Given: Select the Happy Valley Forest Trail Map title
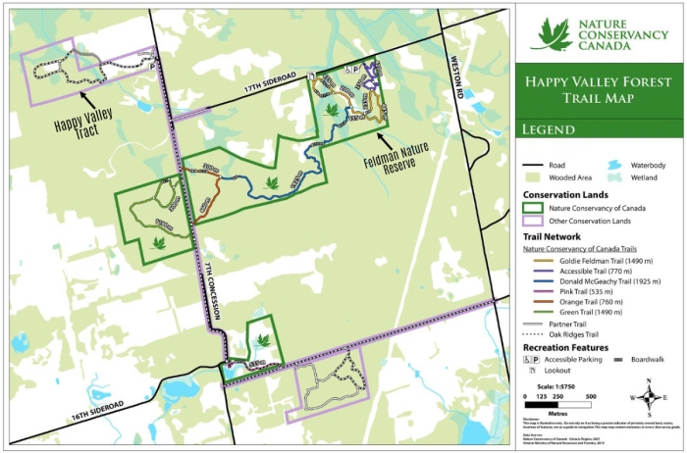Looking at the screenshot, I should click(x=602, y=90).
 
